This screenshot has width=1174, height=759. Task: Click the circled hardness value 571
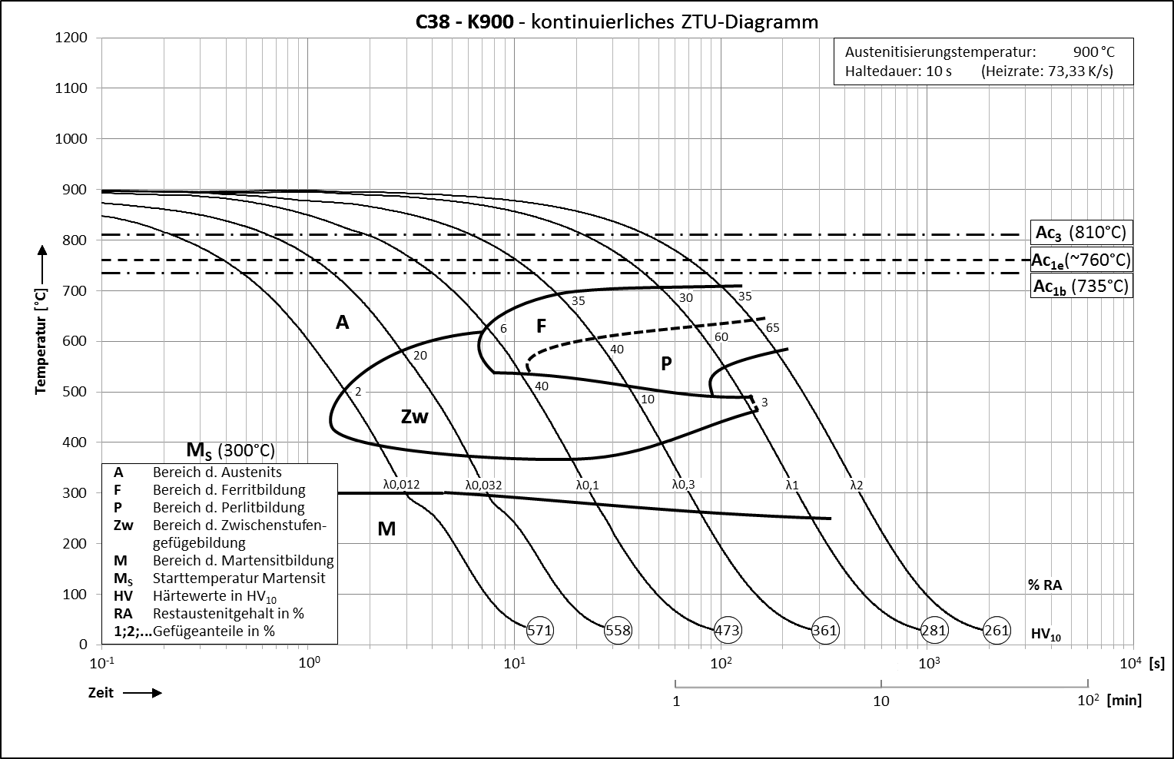(x=540, y=631)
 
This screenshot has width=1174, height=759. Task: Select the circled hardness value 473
(x=727, y=631)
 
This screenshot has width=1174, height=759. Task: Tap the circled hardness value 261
(x=997, y=631)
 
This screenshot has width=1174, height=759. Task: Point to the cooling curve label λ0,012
(x=401, y=484)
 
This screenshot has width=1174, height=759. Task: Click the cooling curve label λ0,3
(x=683, y=484)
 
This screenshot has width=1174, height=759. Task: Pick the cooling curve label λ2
(x=856, y=485)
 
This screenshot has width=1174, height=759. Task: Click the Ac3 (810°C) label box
(x=1081, y=233)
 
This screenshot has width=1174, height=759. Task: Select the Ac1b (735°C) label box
(x=1081, y=287)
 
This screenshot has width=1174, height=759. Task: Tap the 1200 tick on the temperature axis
(x=71, y=38)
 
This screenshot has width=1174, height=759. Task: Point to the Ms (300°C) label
(x=230, y=449)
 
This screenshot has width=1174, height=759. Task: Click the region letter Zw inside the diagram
(x=414, y=416)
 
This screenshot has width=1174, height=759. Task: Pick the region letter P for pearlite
(x=666, y=363)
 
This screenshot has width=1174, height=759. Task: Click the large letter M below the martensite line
(x=386, y=529)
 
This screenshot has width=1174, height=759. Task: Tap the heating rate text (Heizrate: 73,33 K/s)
(x=1046, y=71)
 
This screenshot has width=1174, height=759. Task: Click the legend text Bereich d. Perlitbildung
(x=228, y=507)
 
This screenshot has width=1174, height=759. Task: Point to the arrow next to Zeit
(x=142, y=693)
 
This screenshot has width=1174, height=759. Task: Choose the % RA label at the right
(x=1045, y=585)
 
